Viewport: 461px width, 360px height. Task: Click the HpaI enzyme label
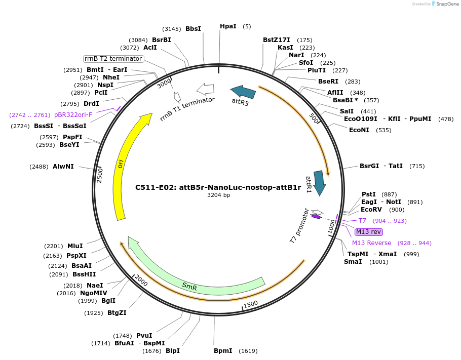(227, 26)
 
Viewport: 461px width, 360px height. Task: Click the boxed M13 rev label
(368, 232)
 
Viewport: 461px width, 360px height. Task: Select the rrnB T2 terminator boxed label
(113, 59)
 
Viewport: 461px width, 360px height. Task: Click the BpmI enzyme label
(223, 350)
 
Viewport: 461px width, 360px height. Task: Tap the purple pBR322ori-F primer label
(73, 115)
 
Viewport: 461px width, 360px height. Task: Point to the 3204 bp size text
(218, 195)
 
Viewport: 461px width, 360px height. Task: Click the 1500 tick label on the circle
(251, 304)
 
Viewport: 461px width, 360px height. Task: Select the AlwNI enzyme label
(63, 166)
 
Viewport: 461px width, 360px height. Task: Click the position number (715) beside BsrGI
(417, 166)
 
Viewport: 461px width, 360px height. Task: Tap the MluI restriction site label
(75, 246)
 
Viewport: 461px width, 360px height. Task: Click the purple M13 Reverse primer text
(371, 243)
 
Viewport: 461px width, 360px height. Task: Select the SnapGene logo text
(446, 4)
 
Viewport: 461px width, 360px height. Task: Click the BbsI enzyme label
(193, 29)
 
